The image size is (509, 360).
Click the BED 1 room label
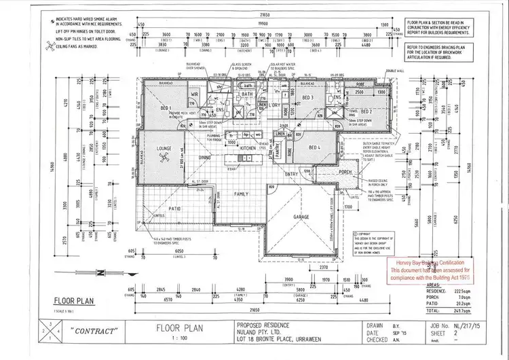click(x=166, y=109)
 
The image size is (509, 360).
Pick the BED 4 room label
click(x=314, y=147)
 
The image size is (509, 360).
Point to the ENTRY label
click(x=291, y=174)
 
